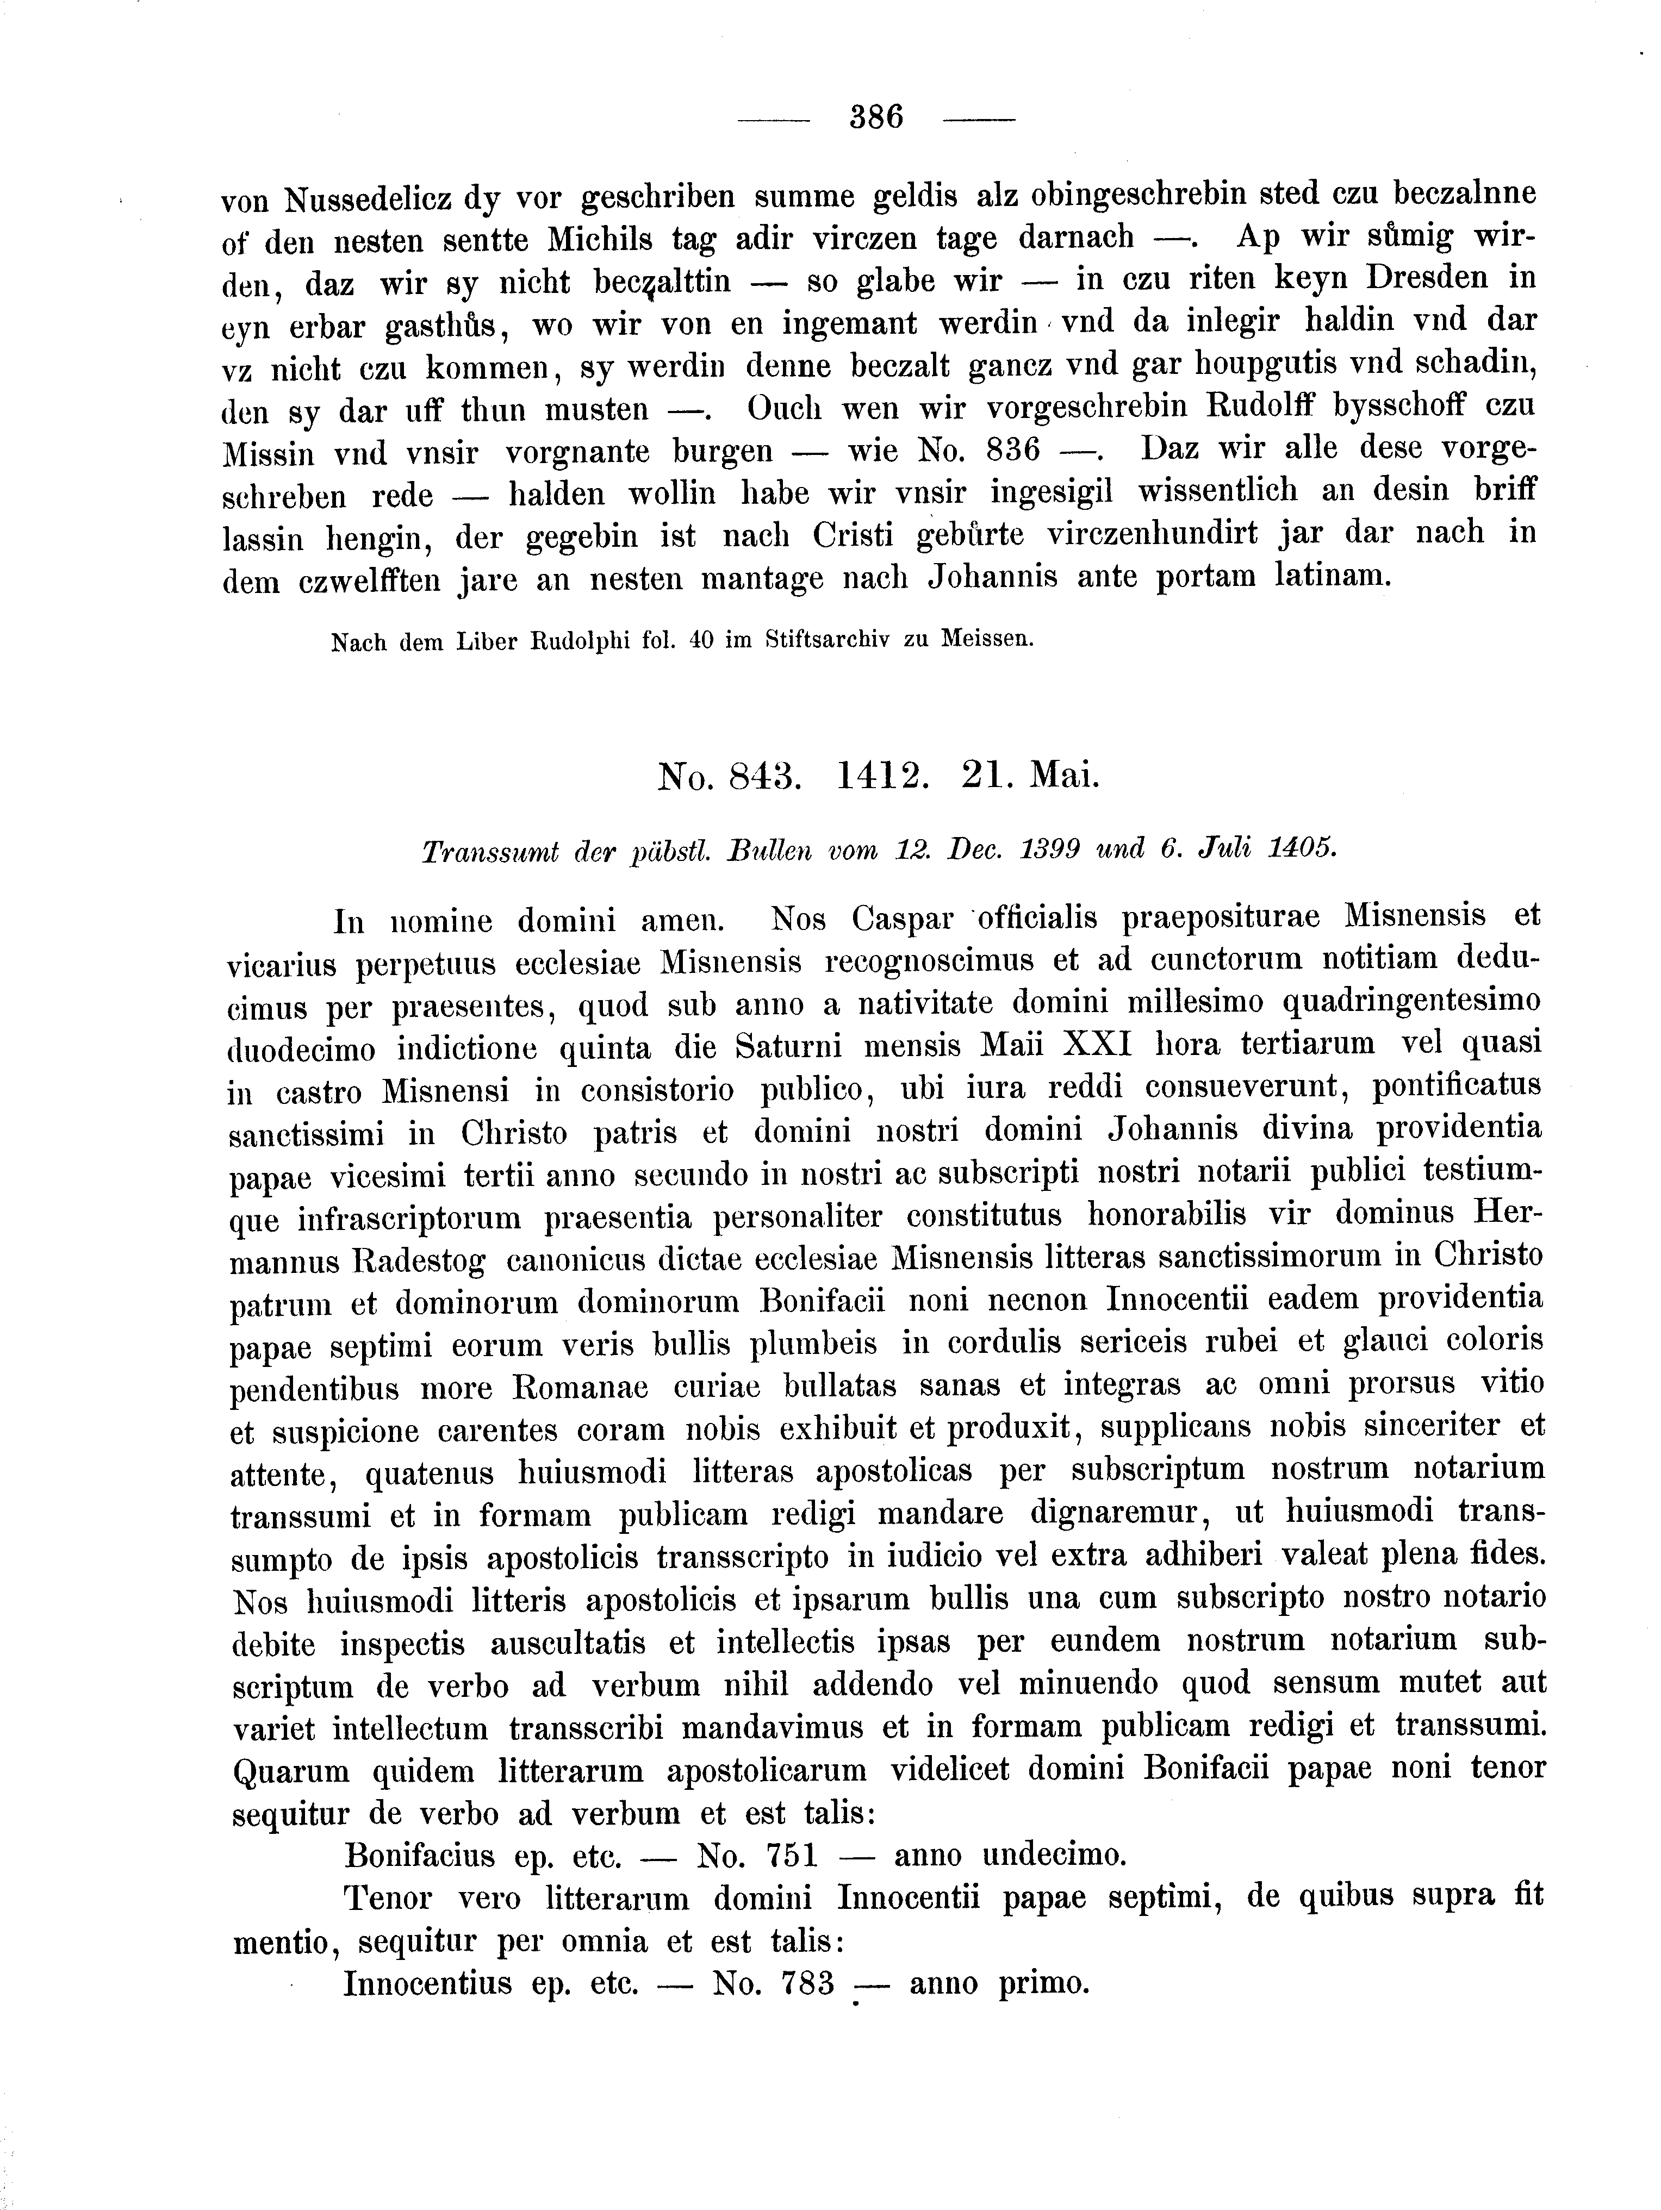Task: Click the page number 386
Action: click(875, 118)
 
